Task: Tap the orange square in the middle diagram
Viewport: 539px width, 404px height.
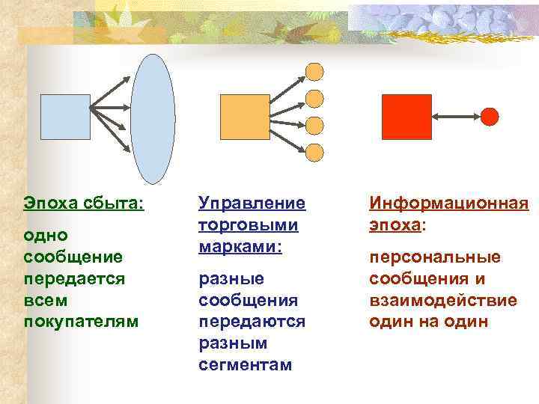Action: (244, 117)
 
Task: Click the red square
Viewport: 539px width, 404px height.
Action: (406, 117)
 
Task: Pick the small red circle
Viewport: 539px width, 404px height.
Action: (489, 117)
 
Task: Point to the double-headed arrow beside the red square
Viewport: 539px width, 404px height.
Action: (456, 117)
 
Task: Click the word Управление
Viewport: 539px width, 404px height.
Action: (252, 203)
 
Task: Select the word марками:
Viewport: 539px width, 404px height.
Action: (240, 246)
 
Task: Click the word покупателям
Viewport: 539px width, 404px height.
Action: (81, 321)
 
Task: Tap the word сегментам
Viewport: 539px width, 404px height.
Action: (246, 364)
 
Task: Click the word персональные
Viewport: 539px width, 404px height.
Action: (434, 257)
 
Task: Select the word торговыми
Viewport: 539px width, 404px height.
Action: (248, 224)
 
